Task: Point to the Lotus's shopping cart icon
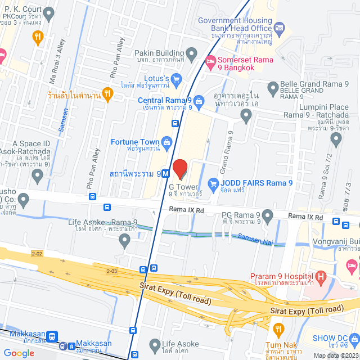(x=177, y=78)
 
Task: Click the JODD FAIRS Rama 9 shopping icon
(x=213, y=183)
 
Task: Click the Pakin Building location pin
(x=192, y=55)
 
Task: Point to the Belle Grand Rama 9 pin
(x=272, y=87)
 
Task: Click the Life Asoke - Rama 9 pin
(x=125, y=241)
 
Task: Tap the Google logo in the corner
(x=19, y=353)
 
